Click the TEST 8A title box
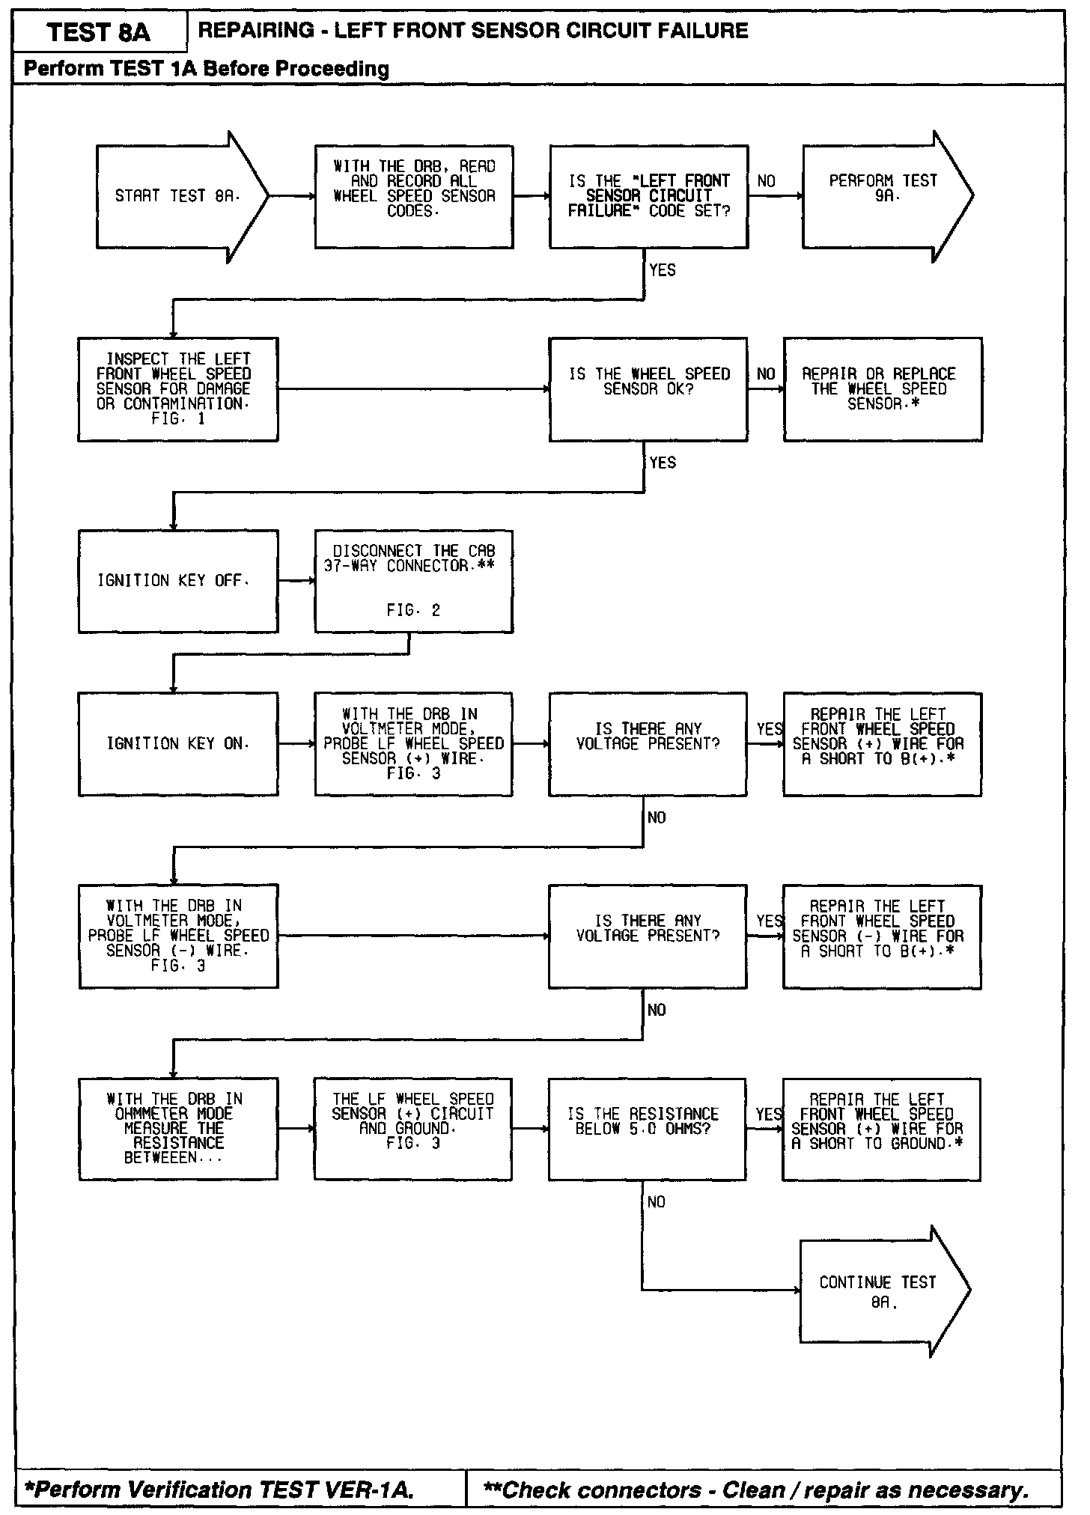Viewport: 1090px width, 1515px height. coord(99,32)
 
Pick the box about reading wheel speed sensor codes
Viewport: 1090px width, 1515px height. coord(414,197)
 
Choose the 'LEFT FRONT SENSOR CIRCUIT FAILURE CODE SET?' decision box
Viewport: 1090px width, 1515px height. coord(648,197)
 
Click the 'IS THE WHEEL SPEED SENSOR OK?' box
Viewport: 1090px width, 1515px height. coord(648,389)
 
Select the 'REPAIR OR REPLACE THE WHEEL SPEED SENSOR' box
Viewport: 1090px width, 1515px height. coord(883,389)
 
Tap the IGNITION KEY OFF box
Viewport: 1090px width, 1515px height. coord(178,582)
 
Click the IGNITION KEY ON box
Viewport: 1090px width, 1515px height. coord(178,744)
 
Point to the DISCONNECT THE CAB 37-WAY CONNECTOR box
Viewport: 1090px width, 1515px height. coord(414,582)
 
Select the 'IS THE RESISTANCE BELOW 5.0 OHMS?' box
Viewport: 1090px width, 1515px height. coord(648,1129)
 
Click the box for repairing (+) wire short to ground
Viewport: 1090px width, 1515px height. coord(881,1129)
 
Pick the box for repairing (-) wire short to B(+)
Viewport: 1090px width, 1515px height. coord(882,936)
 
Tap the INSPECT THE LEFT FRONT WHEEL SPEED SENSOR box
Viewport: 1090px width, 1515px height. coord(178,389)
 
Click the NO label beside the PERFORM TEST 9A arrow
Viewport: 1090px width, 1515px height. coord(767,182)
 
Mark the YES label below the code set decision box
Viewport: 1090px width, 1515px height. coord(663,270)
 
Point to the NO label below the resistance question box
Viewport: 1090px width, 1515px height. coord(657,1202)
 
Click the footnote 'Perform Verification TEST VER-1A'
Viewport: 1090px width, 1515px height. coord(220,1490)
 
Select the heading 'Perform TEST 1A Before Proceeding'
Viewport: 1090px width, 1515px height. coord(207,70)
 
